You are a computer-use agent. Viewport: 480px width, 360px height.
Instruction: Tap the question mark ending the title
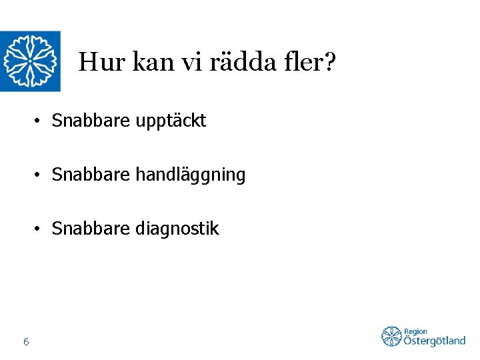(329, 63)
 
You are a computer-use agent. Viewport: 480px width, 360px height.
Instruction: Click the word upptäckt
(172, 121)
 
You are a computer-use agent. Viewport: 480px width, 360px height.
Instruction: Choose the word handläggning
(191, 176)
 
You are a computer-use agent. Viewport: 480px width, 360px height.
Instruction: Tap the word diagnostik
(177, 229)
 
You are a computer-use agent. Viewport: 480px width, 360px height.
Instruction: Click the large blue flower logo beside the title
(30, 61)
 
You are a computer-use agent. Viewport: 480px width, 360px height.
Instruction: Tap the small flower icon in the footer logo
(391, 337)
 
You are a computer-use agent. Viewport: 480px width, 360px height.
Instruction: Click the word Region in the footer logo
(415, 331)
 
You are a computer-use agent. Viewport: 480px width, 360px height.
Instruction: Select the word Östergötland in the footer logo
(434, 341)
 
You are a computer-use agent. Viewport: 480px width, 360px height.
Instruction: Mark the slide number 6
(25, 342)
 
